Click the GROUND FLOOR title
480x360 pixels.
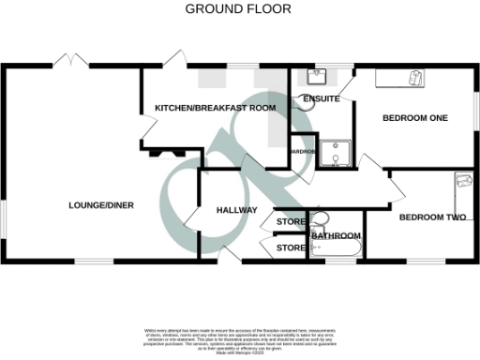pos(238,9)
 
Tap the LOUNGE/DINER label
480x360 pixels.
pos(101,205)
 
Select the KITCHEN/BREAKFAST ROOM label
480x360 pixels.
pos(216,109)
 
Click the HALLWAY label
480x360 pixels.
pos(235,210)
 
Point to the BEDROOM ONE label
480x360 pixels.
pos(416,118)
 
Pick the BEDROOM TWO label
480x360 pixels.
pos(432,217)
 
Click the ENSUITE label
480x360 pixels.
pos(321,98)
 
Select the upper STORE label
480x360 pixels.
pos(291,222)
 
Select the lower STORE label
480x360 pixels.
pos(291,248)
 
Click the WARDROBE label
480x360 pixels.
pos(303,151)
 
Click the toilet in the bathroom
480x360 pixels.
pos(320,220)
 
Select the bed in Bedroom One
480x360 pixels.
pos(401,79)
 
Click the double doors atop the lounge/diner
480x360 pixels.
pos(71,62)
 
